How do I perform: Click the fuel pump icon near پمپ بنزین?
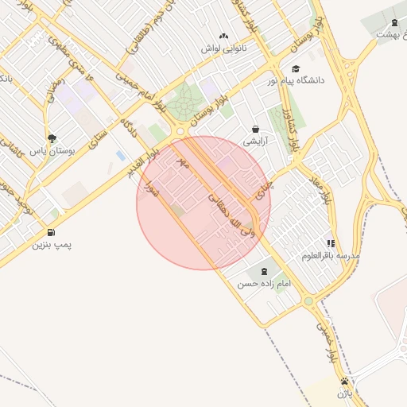click(52, 232)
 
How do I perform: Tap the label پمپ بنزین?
click(52, 245)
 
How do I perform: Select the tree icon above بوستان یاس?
click(52, 138)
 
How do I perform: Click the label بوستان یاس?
click(52, 150)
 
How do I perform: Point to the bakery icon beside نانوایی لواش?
click(223, 36)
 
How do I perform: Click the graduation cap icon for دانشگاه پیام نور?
click(297, 68)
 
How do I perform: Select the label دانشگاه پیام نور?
click(294, 81)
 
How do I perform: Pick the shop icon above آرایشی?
click(255, 129)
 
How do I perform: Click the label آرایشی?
click(255, 141)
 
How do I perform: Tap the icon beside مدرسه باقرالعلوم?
click(331, 243)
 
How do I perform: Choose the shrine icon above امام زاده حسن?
click(264, 272)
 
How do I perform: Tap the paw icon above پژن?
click(344, 382)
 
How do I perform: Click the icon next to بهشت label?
click(396, 22)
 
